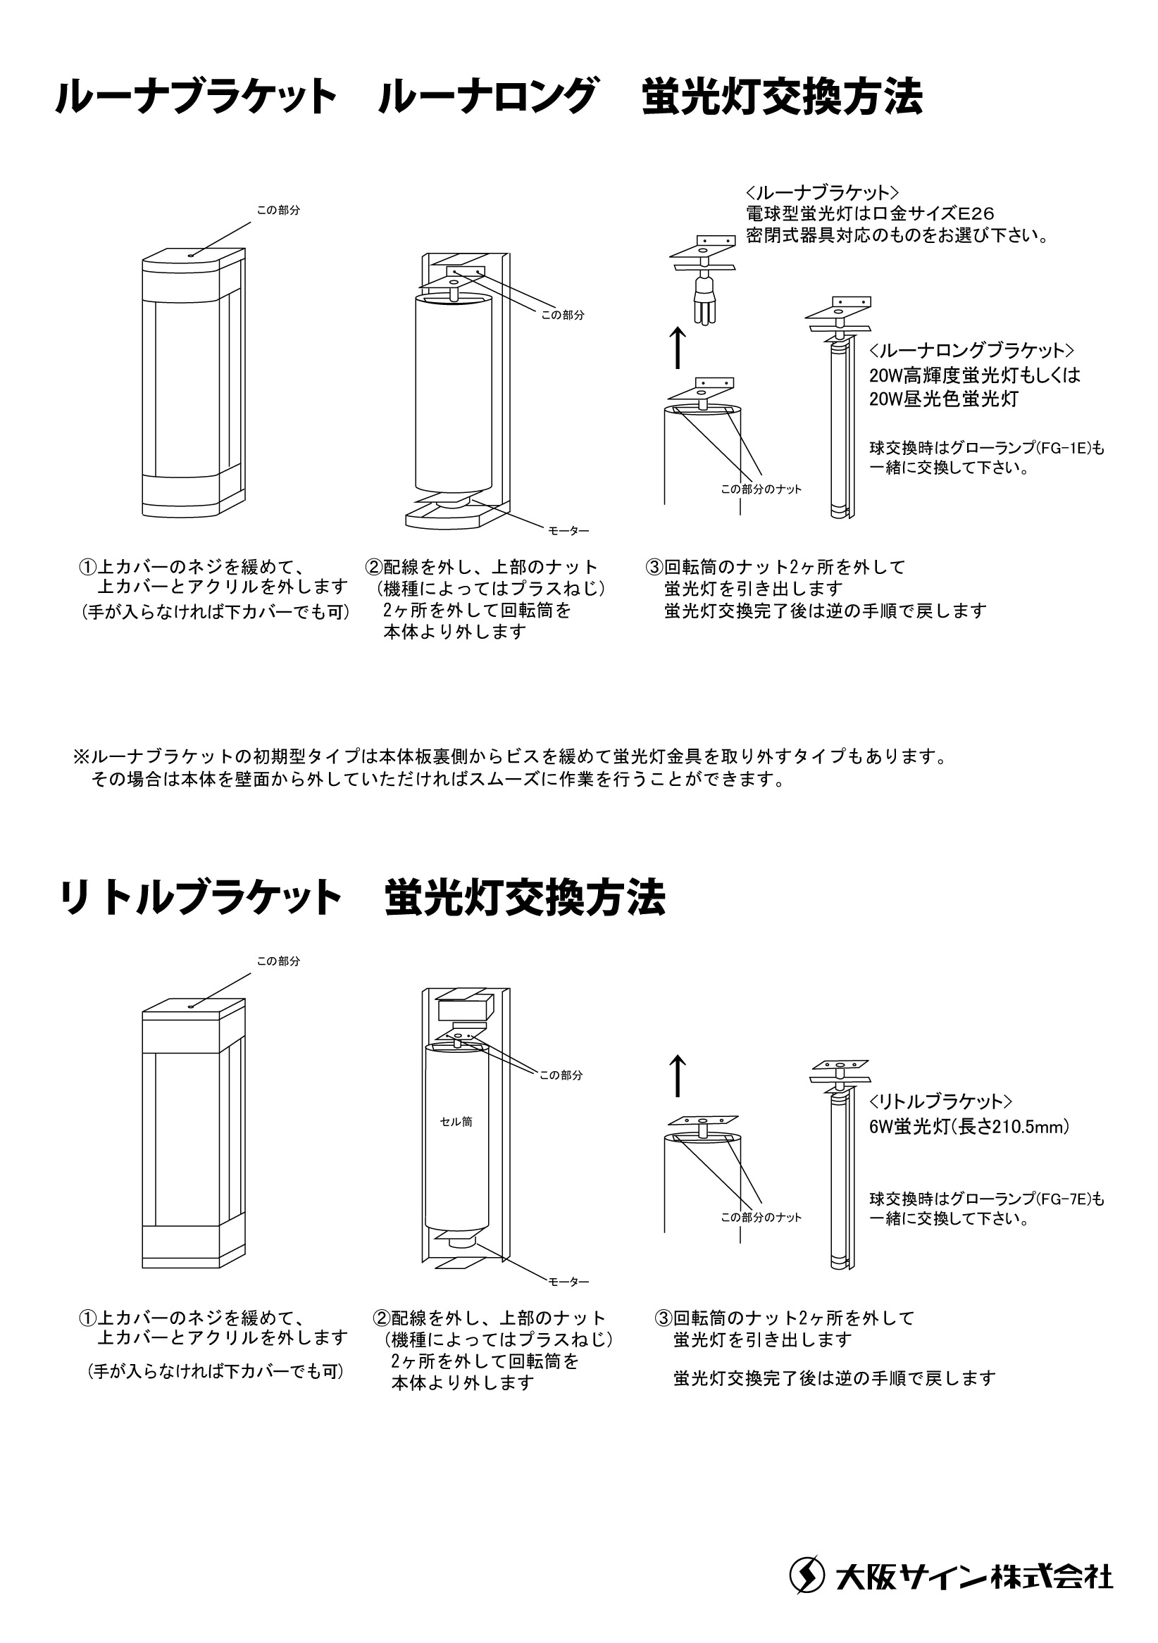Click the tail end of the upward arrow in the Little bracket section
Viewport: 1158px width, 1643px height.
677,1096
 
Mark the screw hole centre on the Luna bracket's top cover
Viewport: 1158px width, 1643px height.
191,254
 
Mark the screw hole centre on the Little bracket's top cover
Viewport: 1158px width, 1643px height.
191,1006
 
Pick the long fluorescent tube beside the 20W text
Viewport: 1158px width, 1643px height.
840,427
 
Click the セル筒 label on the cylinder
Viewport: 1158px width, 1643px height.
456,1121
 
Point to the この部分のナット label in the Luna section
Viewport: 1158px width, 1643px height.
761,489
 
